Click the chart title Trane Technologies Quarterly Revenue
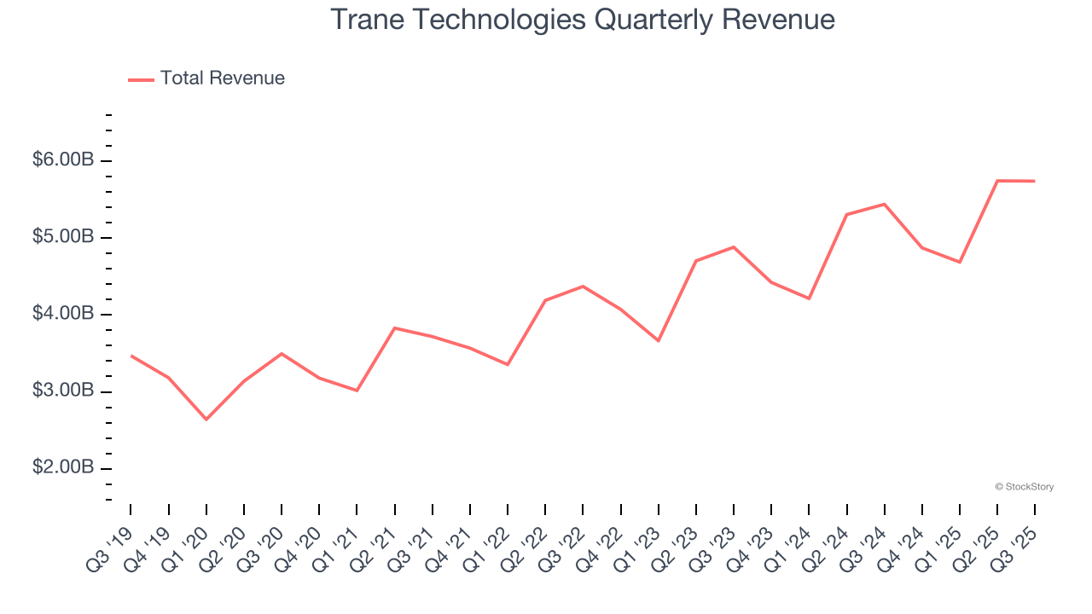[x=583, y=19]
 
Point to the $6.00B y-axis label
[x=63, y=160]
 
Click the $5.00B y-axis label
[x=63, y=237]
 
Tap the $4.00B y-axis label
[x=63, y=314]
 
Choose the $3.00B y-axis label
[x=63, y=391]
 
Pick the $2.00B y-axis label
[x=63, y=468]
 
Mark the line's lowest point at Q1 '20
[x=206, y=419]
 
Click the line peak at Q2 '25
[x=997, y=181]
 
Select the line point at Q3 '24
[x=885, y=204]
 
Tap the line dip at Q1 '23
[x=658, y=341]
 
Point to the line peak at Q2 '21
[x=395, y=327]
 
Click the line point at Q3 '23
[x=734, y=247]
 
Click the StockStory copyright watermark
[x=1024, y=487]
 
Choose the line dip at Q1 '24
[x=809, y=298]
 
